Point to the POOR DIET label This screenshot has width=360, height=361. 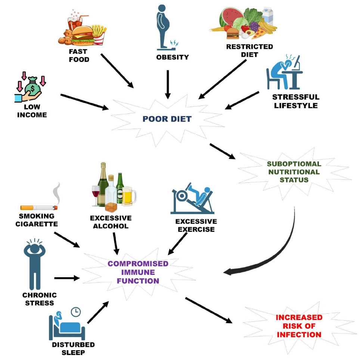[167, 119]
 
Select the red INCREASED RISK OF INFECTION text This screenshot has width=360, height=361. [299, 326]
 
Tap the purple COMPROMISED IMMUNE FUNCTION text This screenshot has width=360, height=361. [138, 272]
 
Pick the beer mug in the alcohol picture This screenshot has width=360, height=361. [129, 195]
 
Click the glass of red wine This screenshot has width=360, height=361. [96, 195]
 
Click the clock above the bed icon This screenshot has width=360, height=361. [75, 311]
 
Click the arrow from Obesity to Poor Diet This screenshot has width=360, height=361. [168, 84]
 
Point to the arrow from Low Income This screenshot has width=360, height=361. [84, 101]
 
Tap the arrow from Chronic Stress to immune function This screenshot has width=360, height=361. [67, 278]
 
